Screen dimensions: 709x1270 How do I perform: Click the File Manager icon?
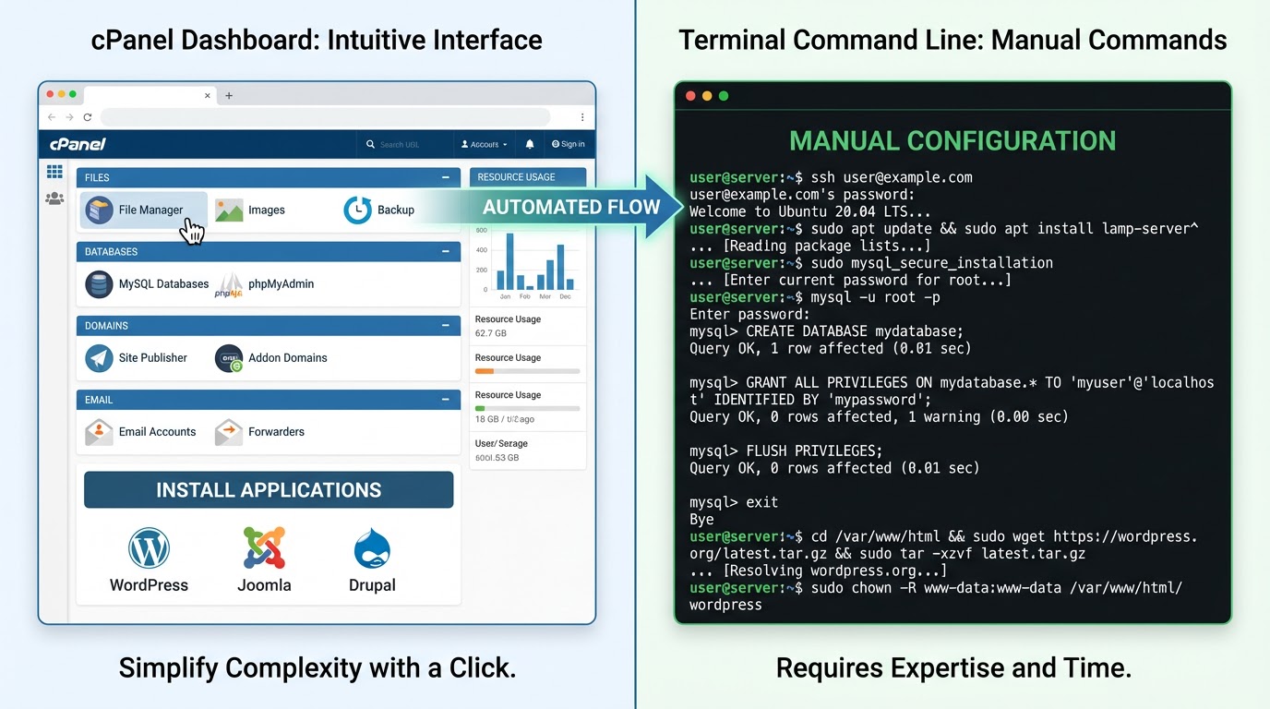coord(99,210)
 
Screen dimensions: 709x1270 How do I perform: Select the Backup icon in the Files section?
coord(357,210)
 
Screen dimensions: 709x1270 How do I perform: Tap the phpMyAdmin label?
coord(281,283)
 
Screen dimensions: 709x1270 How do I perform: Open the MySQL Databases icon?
coord(99,283)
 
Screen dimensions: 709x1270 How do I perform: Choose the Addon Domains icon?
coord(229,358)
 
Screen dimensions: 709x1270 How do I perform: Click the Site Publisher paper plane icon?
coord(99,358)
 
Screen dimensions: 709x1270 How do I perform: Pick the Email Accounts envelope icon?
coord(99,431)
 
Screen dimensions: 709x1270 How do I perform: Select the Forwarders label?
coord(276,431)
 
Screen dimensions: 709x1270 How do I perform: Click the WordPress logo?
coord(149,548)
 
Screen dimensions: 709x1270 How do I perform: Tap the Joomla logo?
coord(264,548)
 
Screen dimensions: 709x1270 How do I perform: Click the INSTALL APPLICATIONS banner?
coord(269,490)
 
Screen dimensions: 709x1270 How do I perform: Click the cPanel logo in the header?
coord(78,144)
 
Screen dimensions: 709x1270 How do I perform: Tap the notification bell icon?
coord(530,144)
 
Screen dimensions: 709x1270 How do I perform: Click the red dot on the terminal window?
coord(690,96)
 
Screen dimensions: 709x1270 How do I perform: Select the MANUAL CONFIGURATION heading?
coord(952,141)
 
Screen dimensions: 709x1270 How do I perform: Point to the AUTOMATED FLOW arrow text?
coord(570,207)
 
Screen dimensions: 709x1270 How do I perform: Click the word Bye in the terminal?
coord(701,520)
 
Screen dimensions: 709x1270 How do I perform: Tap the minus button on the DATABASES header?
coord(446,251)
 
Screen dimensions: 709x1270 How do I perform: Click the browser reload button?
coord(88,117)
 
